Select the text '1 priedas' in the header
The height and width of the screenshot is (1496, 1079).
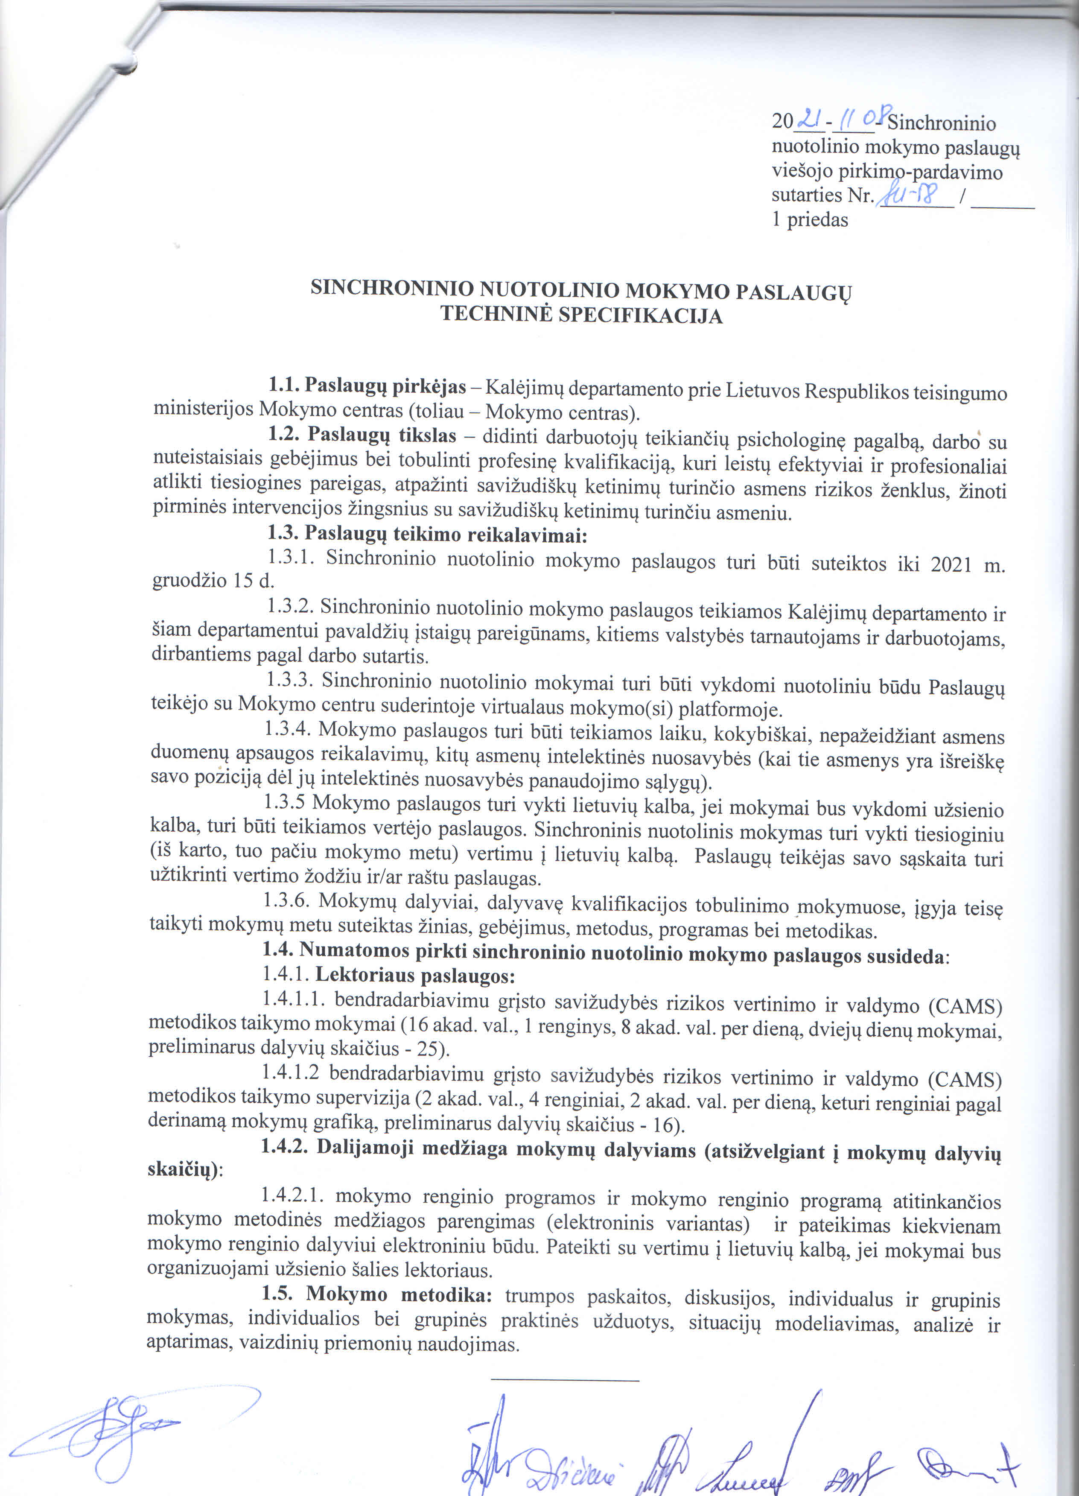coord(810,219)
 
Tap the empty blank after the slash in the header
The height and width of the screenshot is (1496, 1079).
coord(1003,204)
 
